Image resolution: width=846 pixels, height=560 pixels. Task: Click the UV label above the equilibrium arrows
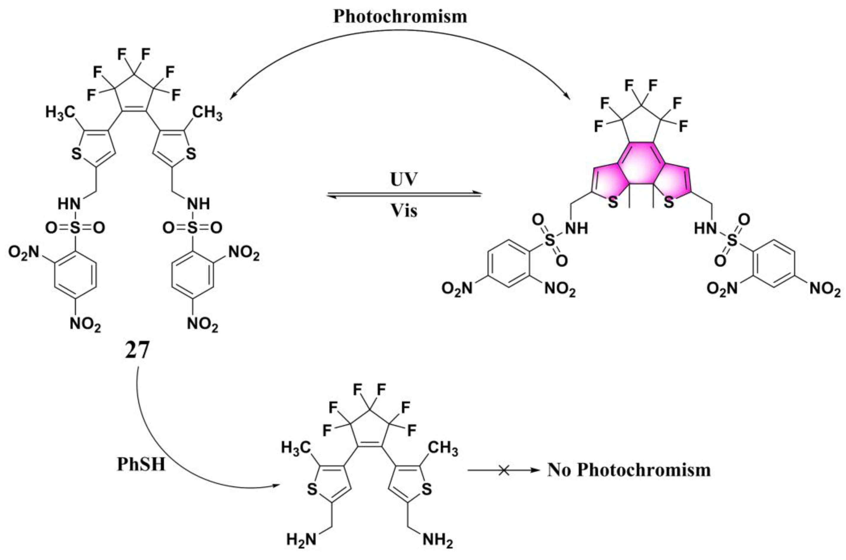pyautogui.click(x=404, y=180)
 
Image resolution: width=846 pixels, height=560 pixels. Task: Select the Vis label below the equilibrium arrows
pyautogui.click(x=404, y=211)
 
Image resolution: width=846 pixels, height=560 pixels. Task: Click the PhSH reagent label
pyautogui.click(x=141, y=464)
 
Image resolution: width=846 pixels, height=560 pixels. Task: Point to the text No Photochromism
pyautogui.click(x=629, y=470)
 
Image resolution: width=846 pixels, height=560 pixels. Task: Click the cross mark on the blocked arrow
pyautogui.click(x=504, y=471)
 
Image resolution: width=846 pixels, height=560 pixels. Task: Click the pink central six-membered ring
pyautogui.click(x=641, y=175)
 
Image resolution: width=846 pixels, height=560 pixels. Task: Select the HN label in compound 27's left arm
pyautogui.click(x=69, y=204)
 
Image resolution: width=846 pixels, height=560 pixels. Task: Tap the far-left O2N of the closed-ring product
pyautogui.click(x=457, y=288)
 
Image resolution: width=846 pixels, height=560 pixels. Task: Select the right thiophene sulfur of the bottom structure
pyautogui.click(x=427, y=489)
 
